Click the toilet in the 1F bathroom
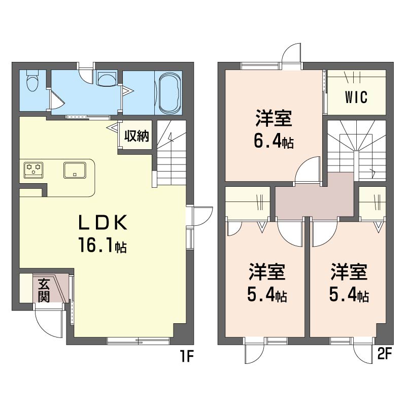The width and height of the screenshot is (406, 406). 32,81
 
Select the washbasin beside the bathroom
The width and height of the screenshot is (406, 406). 107,79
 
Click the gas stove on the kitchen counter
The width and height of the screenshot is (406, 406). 33,170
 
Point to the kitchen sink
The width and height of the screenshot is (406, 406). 75,170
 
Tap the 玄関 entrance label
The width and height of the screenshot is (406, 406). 44,290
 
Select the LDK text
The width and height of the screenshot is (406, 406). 103,222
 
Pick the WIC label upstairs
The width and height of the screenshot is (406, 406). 356,97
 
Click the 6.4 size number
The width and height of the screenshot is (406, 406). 267,141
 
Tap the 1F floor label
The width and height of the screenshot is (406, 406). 186,357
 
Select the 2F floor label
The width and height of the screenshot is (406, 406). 384,353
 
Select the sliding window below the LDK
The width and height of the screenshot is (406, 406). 139,341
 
